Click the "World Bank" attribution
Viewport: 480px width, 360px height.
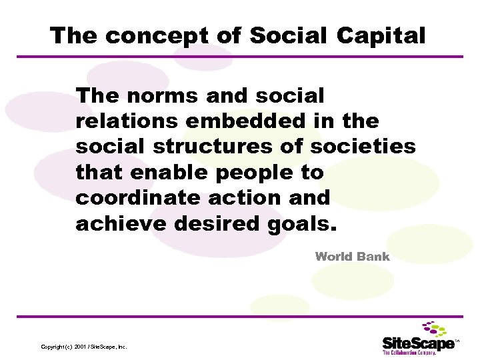click(x=352, y=256)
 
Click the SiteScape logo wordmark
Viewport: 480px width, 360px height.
click(x=417, y=343)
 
